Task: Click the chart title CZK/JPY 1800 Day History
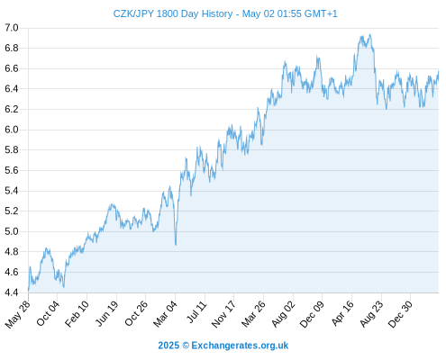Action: (x=173, y=13)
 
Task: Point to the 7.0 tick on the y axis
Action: (x=12, y=28)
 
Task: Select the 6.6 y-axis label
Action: (x=12, y=68)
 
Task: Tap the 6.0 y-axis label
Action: (x=12, y=130)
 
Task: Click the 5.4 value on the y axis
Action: (x=12, y=191)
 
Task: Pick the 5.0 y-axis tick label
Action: (x=12, y=231)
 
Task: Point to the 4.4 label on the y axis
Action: (x=12, y=292)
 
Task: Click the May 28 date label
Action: (x=18, y=314)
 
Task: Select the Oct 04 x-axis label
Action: (x=48, y=313)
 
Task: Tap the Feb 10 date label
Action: (x=77, y=313)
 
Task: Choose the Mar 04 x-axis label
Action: (x=166, y=314)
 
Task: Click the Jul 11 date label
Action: (x=196, y=312)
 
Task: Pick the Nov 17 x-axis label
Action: (x=223, y=314)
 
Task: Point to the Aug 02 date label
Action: (x=283, y=314)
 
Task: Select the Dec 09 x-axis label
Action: (x=312, y=314)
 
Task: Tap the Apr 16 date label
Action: (x=342, y=313)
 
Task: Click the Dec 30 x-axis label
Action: (x=400, y=314)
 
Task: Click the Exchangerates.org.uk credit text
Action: (x=240, y=346)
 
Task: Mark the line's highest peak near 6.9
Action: (x=370, y=34)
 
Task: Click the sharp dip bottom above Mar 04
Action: (x=176, y=245)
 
